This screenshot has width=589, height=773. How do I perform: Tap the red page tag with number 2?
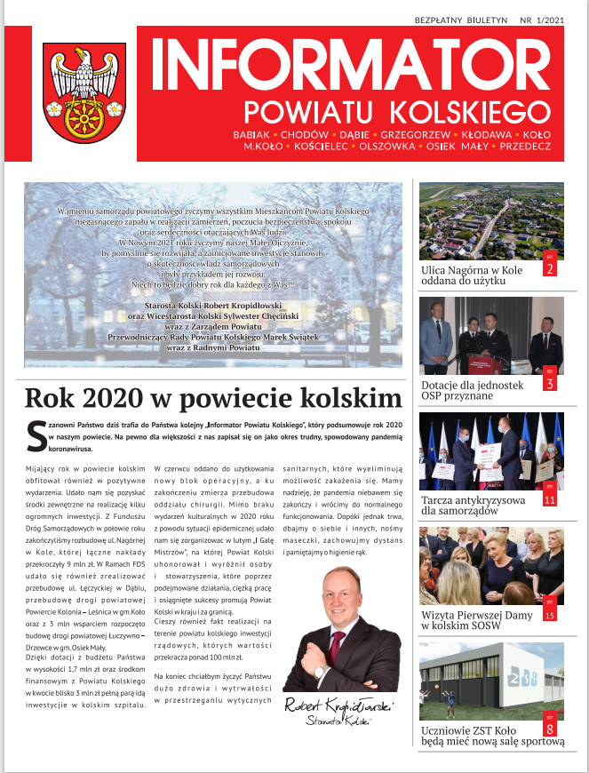click(550, 266)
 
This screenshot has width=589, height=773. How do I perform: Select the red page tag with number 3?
click(550, 380)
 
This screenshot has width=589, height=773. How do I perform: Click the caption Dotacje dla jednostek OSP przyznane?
click(471, 392)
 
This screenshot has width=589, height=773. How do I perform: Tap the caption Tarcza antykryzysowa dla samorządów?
click(474, 506)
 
